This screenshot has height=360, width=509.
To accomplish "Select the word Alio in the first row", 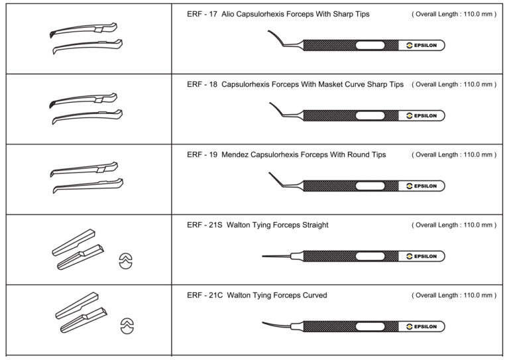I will coord(229,14).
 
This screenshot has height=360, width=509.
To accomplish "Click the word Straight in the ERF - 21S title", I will coord(312,225).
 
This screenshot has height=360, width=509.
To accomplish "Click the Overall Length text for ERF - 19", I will coord(454,155).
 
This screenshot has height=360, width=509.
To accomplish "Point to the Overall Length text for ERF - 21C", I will coord(454,296).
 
